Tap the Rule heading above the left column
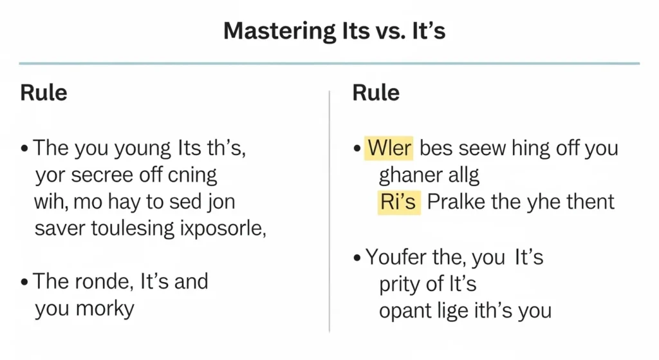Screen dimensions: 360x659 click(x=44, y=92)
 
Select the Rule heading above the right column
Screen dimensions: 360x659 click(x=376, y=92)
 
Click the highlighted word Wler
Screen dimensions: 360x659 click(x=389, y=149)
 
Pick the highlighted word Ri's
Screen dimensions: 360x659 click(x=397, y=202)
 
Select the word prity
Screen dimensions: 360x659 click(x=399, y=284)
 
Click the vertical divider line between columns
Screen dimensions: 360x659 click(x=329, y=213)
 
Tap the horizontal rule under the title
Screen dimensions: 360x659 click(x=329, y=64)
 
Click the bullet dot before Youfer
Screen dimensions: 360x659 click(x=357, y=258)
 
